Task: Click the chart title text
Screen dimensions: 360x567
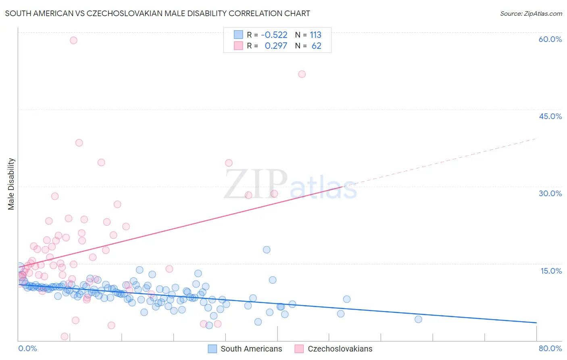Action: click(x=158, y=13)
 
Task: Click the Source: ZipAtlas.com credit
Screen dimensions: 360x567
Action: click(x=531, y=13)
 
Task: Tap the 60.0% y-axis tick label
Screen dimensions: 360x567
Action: click(x=550, y=39)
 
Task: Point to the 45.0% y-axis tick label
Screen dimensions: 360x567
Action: click(x=550, y=116)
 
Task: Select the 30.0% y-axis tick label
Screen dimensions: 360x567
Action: click(x=550, y=193)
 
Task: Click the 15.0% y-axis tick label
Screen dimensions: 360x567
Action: click(x=551, y=271)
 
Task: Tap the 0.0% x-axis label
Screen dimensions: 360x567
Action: click(x=27, y=348)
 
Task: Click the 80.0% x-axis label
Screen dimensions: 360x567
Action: click(x=550, y=348)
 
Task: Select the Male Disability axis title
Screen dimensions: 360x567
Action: click(x=11, y=184)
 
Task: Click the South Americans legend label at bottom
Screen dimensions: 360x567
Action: click(x=251, y=349)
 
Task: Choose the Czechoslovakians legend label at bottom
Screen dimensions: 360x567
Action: click(x=340, y=349)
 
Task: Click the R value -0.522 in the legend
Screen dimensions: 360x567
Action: click(x=274, y=35)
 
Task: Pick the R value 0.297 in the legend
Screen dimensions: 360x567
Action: click(x=276, y=46)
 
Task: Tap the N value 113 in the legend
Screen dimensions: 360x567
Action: click(x=315, y=35)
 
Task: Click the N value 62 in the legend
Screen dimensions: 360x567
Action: click(x=316, y=46)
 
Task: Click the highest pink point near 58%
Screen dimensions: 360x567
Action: click(x=73, y=40)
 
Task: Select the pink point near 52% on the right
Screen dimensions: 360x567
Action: click(x=302, y=74)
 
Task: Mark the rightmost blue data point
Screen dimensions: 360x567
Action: click(x=418, y=319)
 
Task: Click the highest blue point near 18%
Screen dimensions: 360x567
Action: click(x=267, y=250)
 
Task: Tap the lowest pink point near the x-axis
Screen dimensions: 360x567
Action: click(x=65, y=337)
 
